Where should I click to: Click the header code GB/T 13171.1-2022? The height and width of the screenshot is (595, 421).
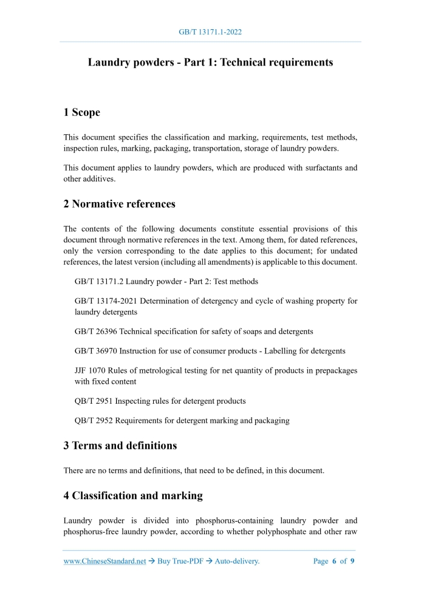pyautogui.click(x=210, y=32)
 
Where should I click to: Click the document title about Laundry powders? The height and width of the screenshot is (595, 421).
pyautogui.click(x=210, y=63)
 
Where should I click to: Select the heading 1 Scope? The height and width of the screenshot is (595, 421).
pyautogui.click(x=82, y=112)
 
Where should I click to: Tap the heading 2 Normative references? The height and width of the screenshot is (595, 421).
pyautogui.click(x=120, y=204)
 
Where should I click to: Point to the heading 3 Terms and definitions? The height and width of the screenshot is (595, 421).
pyautogui.click(x=120, y=445)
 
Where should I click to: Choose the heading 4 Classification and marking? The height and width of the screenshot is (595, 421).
pyautogui.click(x=133, y=495)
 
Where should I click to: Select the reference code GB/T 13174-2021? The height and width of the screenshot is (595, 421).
pyautogui.click(x=104, y=301)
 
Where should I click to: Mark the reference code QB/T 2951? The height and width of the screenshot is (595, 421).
pyautogui.click(x=94, y=401)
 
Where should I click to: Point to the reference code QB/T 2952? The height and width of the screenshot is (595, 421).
pyautogui.click(x=94, y=420)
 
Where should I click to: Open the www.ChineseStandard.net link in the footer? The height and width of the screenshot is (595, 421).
pyautogui.click(x=105, y=562)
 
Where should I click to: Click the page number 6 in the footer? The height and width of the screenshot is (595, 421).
pyautogui.click(x=334, y=562)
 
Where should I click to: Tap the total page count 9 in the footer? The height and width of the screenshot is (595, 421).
pyautogui.click(x=352, y=562)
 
